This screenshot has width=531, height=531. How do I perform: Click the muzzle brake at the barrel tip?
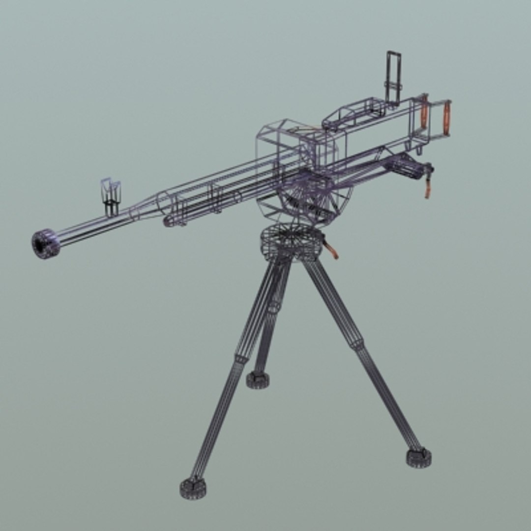(x=46, y=243)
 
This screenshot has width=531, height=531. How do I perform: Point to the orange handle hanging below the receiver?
(x=428, y=187)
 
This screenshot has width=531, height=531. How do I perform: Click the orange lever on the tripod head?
(x=333, y=251)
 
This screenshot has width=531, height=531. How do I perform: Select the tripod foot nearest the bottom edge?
(x=193, y=487)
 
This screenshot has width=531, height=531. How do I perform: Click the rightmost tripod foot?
(x=418, y=457)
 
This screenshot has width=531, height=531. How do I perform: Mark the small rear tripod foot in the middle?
(x=258, y=379)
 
